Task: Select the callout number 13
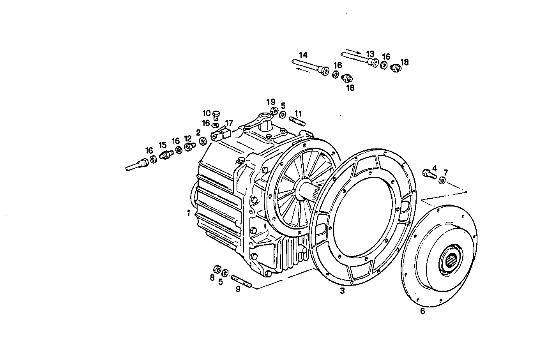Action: [x=370, y=53]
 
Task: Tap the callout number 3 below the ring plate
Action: [x=342, y=291]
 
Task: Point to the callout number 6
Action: [x=422, y=311]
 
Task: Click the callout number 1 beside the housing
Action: [x=188, y=213]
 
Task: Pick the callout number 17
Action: [x=228, y=123]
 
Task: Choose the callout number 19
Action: [x=271, y=102]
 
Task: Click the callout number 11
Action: [x=298, y=113]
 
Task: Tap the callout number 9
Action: [x=237, y=289]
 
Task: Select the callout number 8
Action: [x=212, y=278]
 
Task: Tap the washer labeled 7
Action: [x=442, y=180]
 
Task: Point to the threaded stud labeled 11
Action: [x=297, y=121]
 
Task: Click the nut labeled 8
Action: [x=217, y=269]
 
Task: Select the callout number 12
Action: [x=188, y=138]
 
